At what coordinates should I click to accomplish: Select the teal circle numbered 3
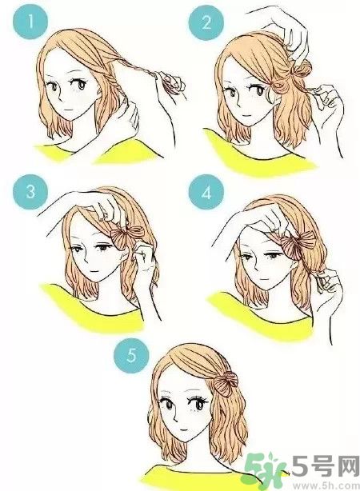pos(29,193)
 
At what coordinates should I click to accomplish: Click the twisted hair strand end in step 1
pos(170,81)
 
